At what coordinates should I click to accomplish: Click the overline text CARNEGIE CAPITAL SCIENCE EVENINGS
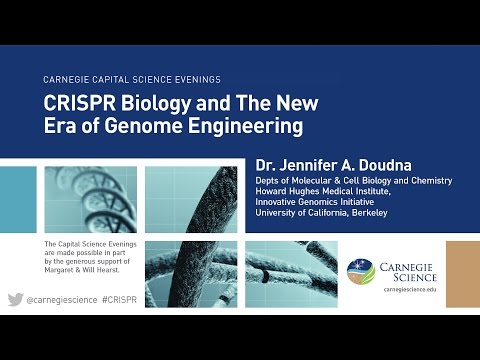click(132, 79)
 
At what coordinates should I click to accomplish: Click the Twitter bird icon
click(15, 300)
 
